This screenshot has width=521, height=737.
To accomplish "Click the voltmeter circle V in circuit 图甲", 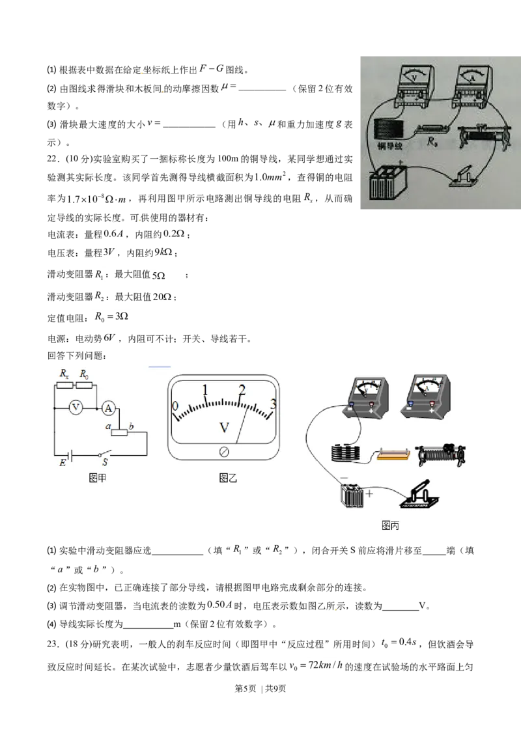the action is (x=76, y=408).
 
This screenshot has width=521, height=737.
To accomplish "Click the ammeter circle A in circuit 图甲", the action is (x=109, y=408).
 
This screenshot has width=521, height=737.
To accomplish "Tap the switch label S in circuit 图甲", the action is (x=105, y=462).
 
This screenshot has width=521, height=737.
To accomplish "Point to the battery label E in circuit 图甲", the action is (x=63, y=463).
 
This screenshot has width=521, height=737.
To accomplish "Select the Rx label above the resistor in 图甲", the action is (x=64, y=374).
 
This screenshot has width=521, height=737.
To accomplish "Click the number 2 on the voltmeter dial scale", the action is (x=242, y=390).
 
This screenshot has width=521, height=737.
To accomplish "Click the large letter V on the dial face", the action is (x=224, y=428).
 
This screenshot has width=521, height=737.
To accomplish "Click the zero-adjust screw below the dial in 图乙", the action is (x=224, y=452).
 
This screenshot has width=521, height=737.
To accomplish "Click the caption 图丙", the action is (x=390, y=525).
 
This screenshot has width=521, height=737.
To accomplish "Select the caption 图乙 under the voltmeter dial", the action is (x=228, y=478).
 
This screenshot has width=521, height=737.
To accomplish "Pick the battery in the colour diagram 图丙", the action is (x=353, y=495).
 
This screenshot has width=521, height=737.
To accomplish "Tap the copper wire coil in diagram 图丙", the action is (x=346, y=452).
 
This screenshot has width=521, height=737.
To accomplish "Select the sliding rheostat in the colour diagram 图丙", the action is (x=442, y=454).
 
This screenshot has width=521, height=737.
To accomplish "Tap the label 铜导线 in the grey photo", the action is (x=390, y=146).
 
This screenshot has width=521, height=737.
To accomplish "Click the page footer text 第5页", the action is (x=245, y=689).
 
